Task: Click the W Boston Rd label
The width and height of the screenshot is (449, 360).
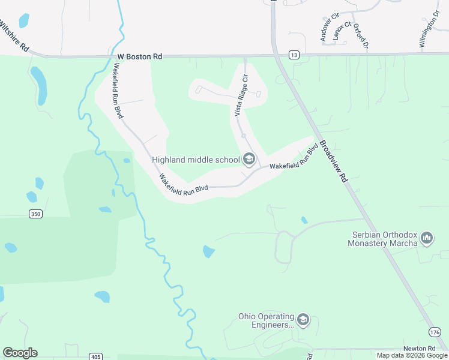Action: point(140,56)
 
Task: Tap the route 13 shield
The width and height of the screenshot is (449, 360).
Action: point(294,55)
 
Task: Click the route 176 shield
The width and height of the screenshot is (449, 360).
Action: point(435,332)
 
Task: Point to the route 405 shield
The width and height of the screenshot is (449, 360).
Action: point(95,356)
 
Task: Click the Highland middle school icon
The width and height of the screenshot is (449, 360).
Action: point(249,160)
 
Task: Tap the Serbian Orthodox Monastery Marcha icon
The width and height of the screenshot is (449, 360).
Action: point(427,239)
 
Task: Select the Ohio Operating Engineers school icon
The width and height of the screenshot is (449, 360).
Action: point(303,320)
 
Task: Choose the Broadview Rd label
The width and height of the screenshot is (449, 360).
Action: point(334,161)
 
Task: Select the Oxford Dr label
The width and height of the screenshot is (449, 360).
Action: point(360,35)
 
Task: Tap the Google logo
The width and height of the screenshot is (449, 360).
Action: point(20,353)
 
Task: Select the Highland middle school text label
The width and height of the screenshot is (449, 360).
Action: point(196,160)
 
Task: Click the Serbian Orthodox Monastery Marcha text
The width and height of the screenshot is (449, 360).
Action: point(383,239)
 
